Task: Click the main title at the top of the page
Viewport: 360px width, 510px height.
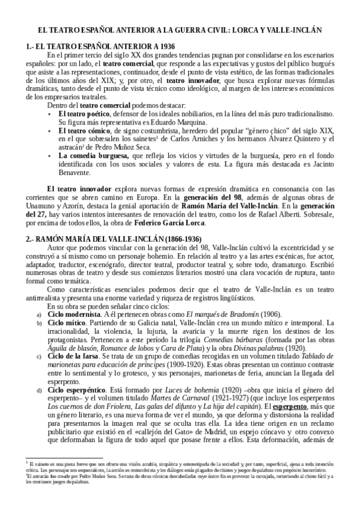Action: coord(180,29)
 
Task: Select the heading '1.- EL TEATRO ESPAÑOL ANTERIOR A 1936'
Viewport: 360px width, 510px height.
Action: coord(100,46)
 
